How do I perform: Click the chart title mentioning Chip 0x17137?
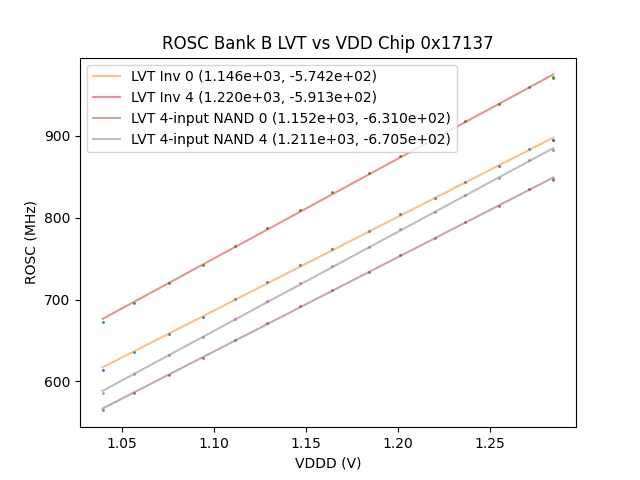[x=327, y=43]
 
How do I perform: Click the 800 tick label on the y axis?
[x=60, y=218]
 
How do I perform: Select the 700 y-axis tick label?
[x=60, y=300]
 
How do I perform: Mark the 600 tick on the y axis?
[x=60, y=382]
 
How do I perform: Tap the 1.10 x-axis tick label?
[x=214, y=442]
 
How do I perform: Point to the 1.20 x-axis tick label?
[x=398, y=442]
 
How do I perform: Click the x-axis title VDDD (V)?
[x=328, y=463]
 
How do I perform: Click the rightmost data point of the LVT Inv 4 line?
[x=553, y=77]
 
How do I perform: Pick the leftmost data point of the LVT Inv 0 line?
[x=103, y=370]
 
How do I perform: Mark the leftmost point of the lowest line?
[x=103, y=410]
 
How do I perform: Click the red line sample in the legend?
[x=109, y=97]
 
